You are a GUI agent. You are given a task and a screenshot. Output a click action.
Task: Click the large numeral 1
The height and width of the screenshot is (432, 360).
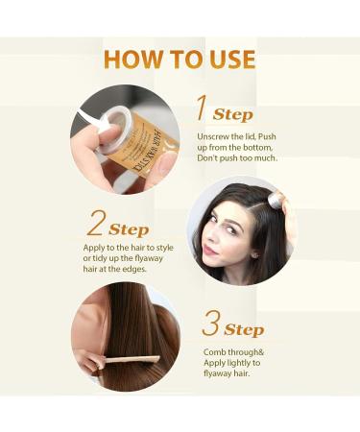[201, 108]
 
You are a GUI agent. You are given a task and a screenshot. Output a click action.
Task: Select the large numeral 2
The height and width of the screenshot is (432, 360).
[96, 223]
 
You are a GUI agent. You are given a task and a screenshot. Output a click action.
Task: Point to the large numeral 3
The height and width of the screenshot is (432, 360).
[211, 323]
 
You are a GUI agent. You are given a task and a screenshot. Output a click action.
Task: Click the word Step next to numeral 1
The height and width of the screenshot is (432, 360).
[232, 114]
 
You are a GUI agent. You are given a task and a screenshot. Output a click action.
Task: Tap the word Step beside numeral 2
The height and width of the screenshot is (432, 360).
[129, 229]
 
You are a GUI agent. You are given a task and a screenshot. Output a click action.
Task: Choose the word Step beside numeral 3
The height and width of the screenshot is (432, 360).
[244, 329]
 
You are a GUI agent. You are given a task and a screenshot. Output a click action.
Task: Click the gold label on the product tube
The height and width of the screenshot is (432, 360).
[142, 144]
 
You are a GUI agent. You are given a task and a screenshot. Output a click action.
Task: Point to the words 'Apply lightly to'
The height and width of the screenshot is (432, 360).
[232, 364]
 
